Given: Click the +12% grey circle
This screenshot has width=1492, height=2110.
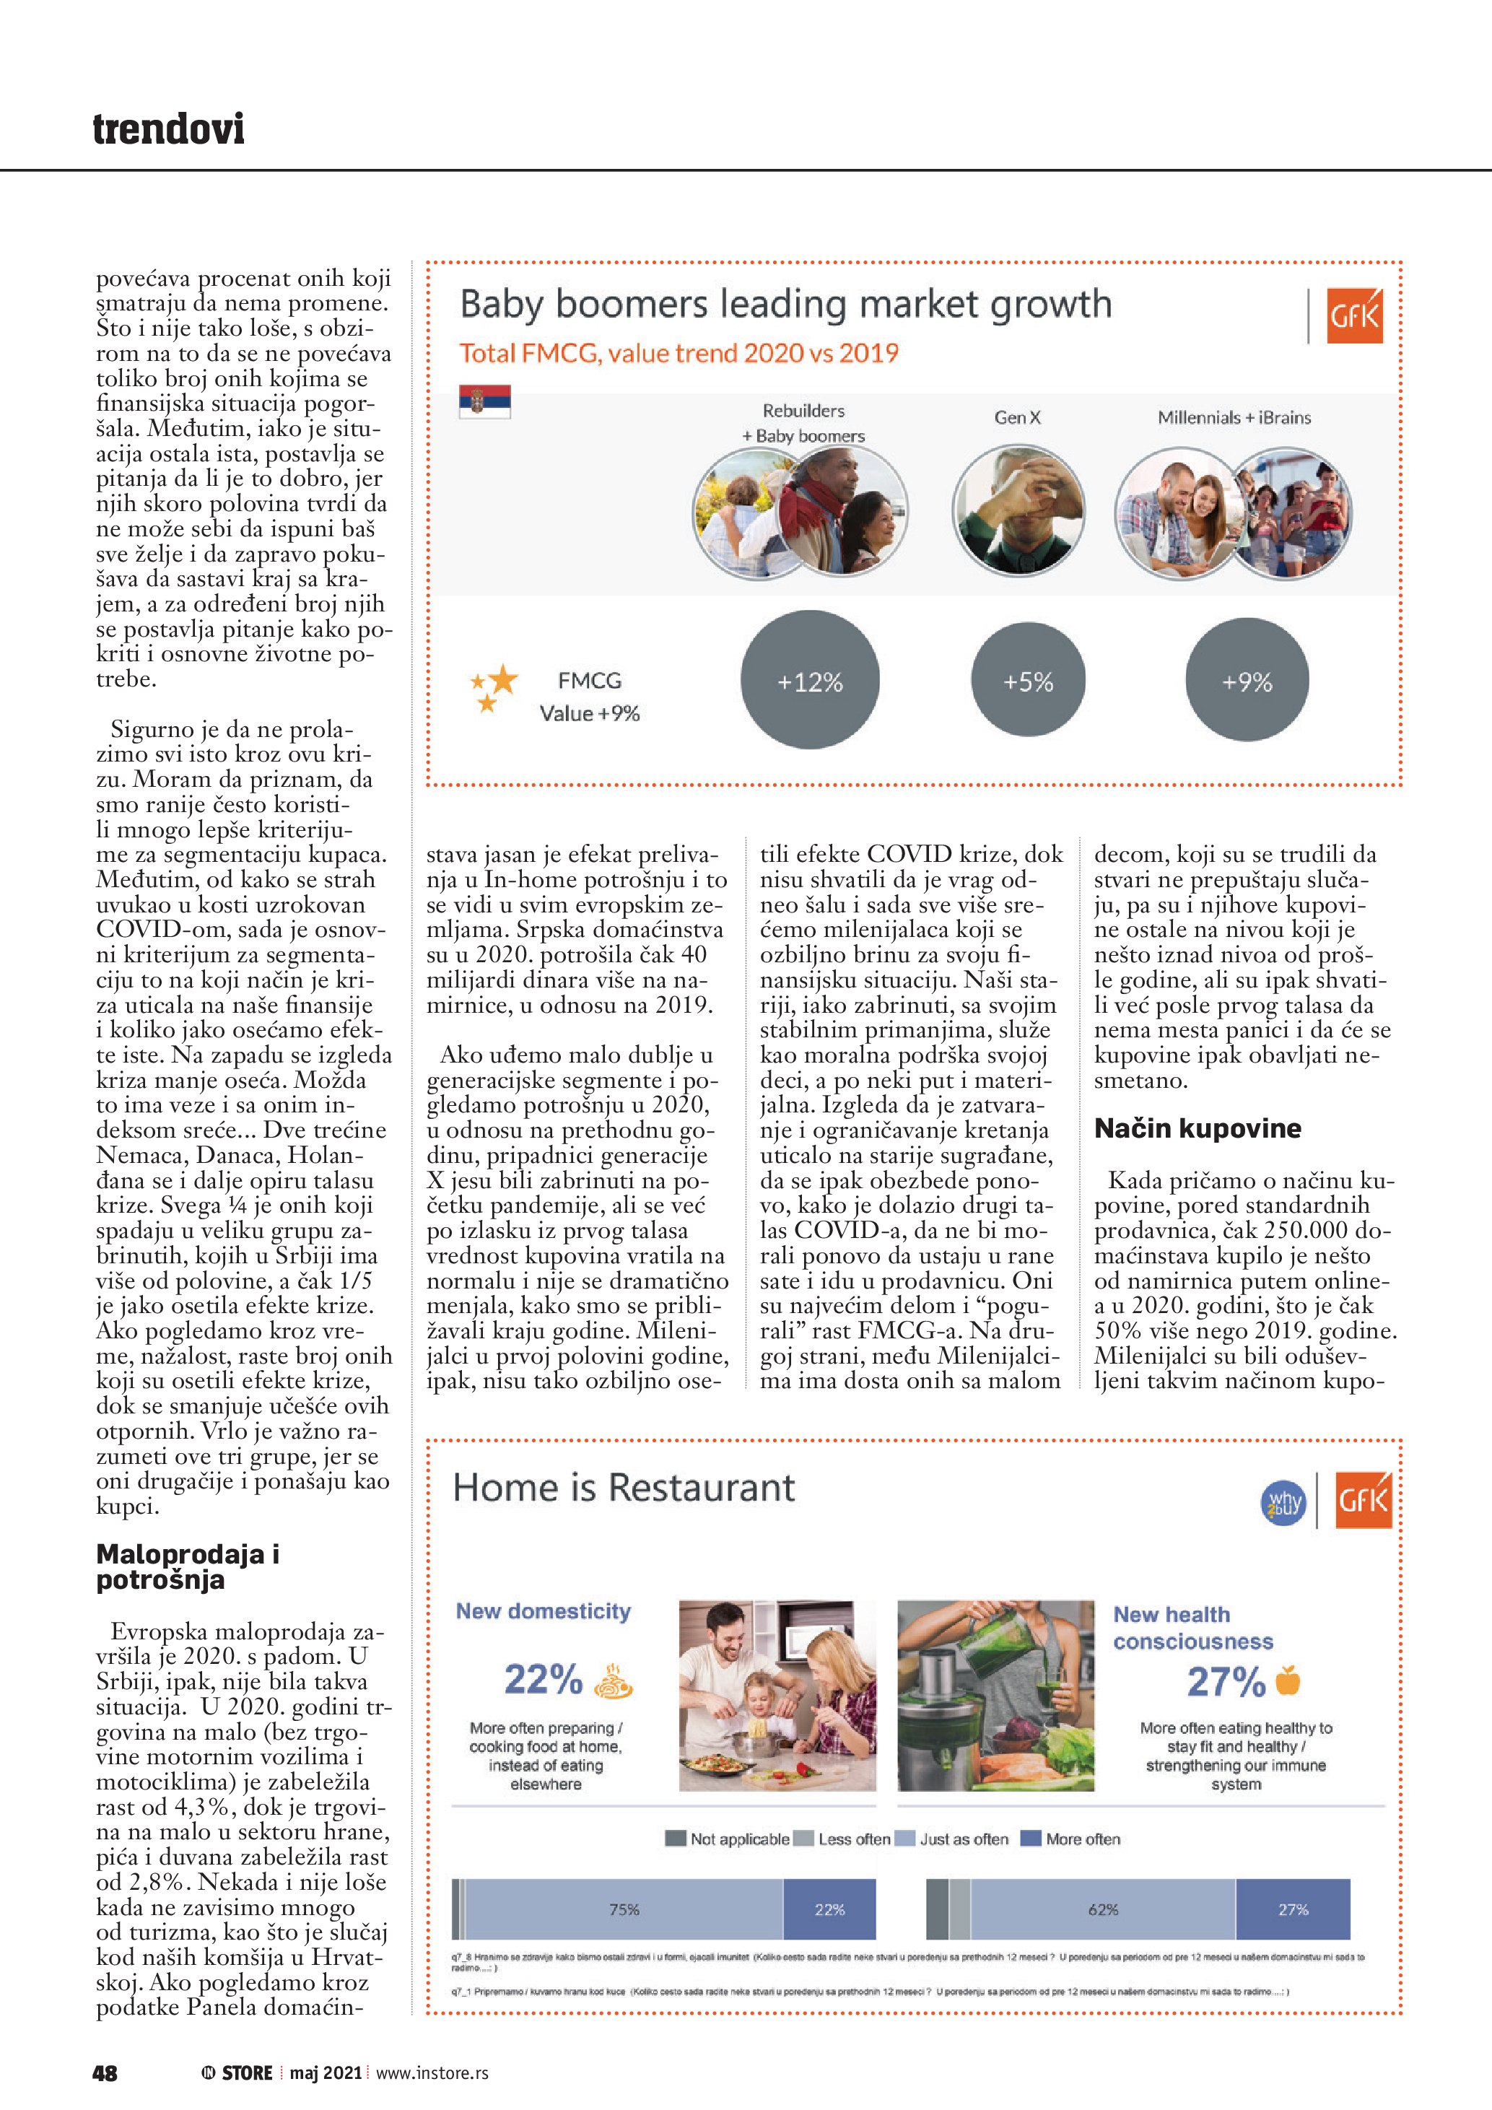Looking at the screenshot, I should [809, 681].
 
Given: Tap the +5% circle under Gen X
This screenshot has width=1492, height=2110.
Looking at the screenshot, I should [1028, 681].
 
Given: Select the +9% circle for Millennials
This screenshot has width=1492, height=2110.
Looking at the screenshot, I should [1247, 681].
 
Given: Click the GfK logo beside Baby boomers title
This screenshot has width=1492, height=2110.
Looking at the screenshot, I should [1354, 316].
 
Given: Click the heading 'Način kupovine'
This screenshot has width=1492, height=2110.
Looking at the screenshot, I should [1197, 1128].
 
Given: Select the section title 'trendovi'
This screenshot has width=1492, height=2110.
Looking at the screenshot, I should [169, 128].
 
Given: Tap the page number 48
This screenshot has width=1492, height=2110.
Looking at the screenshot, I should [105, 2072].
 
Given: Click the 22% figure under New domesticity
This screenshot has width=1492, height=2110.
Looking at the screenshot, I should [543, 1679].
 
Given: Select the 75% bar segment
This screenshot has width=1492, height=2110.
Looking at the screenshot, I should [624, 1909].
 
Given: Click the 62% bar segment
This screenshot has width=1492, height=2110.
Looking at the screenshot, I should [1102, 1909].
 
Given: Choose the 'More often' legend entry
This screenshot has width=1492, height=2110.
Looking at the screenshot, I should [1071, 1839].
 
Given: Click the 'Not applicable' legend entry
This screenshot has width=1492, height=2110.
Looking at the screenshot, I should [728, 1839].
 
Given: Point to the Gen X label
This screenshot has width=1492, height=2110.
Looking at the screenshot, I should [1017, 417].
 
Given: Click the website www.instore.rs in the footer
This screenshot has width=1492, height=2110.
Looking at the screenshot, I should [432, 2072].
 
